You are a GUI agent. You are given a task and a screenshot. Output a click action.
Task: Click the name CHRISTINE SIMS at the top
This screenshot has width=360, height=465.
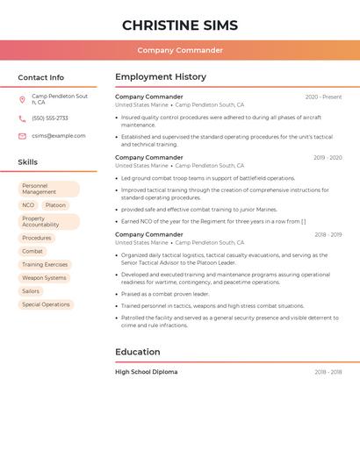(x=180, y=25)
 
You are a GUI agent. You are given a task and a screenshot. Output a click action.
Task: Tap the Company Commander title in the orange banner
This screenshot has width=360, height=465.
(x=180, y=50)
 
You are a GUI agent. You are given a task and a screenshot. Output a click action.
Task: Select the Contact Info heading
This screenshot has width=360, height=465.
(x=40, y=77)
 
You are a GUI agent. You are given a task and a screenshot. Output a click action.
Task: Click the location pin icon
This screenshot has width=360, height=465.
(x=22, y=99)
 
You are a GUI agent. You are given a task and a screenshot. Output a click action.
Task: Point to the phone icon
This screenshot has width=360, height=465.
(x=22, y=118)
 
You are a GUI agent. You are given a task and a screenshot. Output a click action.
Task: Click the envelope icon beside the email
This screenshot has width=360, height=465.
(x=22, y=136)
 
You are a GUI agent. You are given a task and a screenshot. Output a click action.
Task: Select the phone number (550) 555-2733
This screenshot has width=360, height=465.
(x=50, y=118)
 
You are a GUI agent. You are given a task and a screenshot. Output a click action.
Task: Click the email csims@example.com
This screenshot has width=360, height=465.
(x=59, y=136)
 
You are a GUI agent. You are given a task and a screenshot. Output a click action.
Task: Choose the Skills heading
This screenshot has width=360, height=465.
(x=28, y=161)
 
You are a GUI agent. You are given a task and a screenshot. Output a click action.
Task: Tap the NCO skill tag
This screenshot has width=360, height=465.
(x=28, y=205)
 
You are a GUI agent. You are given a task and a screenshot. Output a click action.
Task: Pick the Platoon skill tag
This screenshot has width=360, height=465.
(x=55, y=205)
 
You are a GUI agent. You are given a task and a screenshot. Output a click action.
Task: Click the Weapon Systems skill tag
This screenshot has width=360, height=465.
(x=44, y=277)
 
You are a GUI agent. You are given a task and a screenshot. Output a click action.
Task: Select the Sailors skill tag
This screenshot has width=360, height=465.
(x=31, y=290)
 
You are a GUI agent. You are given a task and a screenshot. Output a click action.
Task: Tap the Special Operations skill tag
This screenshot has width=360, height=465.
(x=46, y=304)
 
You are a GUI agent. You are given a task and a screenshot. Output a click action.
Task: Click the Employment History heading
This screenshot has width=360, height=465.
(x=161, y=77)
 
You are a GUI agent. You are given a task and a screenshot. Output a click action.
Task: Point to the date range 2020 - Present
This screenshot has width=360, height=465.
(x=323, y=97)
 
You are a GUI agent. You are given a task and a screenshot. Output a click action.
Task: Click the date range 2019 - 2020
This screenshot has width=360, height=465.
(x=328, y=158)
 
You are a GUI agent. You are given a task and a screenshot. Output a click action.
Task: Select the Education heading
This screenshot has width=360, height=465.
(x=138, y=352)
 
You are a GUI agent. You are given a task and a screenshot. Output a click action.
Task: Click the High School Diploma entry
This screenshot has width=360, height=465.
(x=147, y=372)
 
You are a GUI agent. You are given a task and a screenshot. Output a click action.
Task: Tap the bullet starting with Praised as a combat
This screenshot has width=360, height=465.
(x=165, y=294)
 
